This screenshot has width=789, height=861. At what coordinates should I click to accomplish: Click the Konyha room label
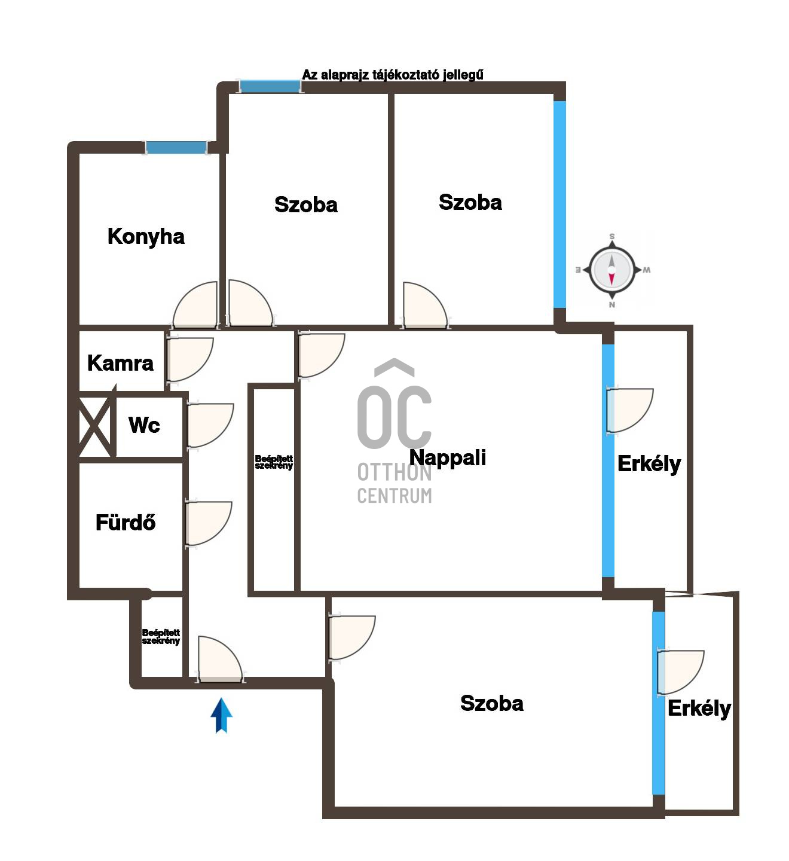pos(146,237)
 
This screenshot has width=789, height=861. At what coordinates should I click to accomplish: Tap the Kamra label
pos(120,363)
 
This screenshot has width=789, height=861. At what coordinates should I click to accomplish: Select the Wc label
pos(144,425)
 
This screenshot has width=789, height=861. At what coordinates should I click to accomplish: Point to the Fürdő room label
pos(126,522)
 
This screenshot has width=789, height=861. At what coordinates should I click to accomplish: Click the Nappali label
pos(448,457)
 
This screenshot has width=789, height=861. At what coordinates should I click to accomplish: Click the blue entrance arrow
pos(222,716)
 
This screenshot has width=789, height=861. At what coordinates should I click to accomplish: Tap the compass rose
pos(611,270)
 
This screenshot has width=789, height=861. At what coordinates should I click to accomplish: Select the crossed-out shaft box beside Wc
pos(95,427)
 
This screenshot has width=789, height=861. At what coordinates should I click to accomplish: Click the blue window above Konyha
pos(176,148)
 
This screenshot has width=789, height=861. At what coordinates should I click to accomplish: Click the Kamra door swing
pos(191,359)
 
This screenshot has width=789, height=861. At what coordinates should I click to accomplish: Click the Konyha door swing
pos(195,305)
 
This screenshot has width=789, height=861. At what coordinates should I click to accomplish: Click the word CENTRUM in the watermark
pos(395,496)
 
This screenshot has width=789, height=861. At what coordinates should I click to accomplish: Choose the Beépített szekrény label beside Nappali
pos(273,462)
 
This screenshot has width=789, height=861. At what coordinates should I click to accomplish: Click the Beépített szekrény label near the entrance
pos(161,637)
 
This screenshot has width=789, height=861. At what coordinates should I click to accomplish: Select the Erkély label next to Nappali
pos(649,464)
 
